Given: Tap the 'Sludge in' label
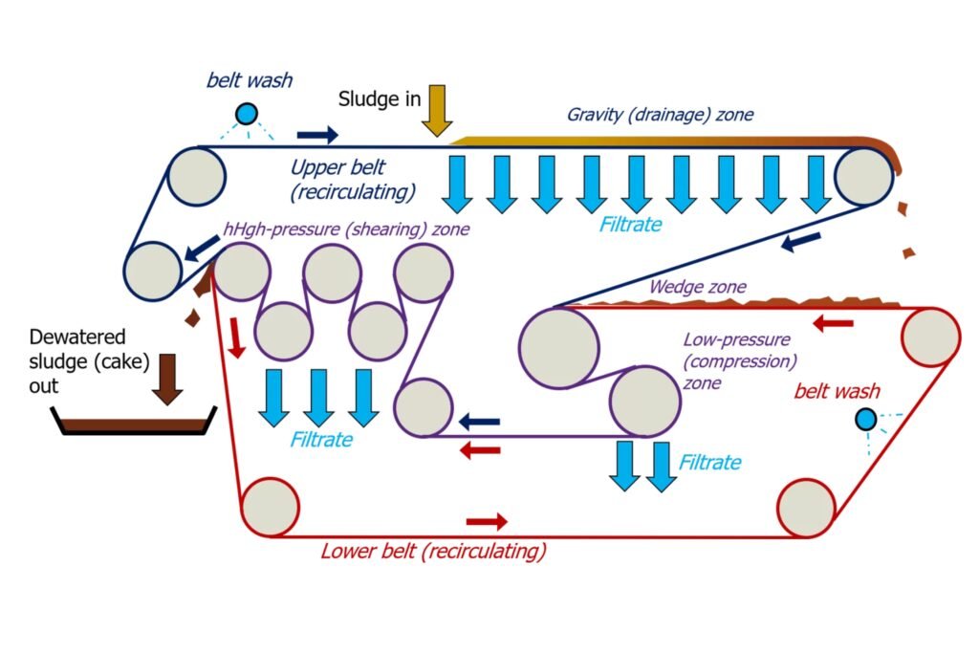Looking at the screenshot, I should [x=380, y=99].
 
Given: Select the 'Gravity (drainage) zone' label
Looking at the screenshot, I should [x=660, y=115].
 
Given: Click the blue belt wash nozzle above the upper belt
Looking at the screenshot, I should [x=247, y=114].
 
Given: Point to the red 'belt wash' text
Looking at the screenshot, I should [x=838, y=391].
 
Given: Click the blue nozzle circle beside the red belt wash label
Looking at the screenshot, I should [x=865, y=419].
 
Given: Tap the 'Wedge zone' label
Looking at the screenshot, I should [x=697, y=286].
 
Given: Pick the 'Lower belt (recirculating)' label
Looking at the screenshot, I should [x=433, y=551].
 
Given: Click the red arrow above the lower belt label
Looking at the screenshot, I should [x=487, y=521].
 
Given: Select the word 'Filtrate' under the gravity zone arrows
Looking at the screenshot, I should [x=630, y=225].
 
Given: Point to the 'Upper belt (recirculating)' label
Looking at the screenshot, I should [x=353, y=180].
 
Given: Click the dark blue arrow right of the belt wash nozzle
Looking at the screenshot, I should [x=317, y=135].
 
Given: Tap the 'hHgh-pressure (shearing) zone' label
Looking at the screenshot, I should [x=345, y=229].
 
